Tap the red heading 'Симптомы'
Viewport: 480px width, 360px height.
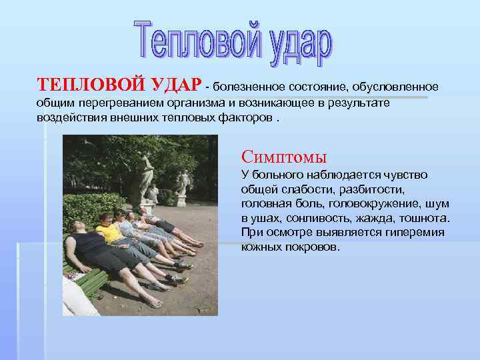click(284, 157)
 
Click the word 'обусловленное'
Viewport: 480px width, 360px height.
click(396, 87)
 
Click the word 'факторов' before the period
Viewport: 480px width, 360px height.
click(247, 117)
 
